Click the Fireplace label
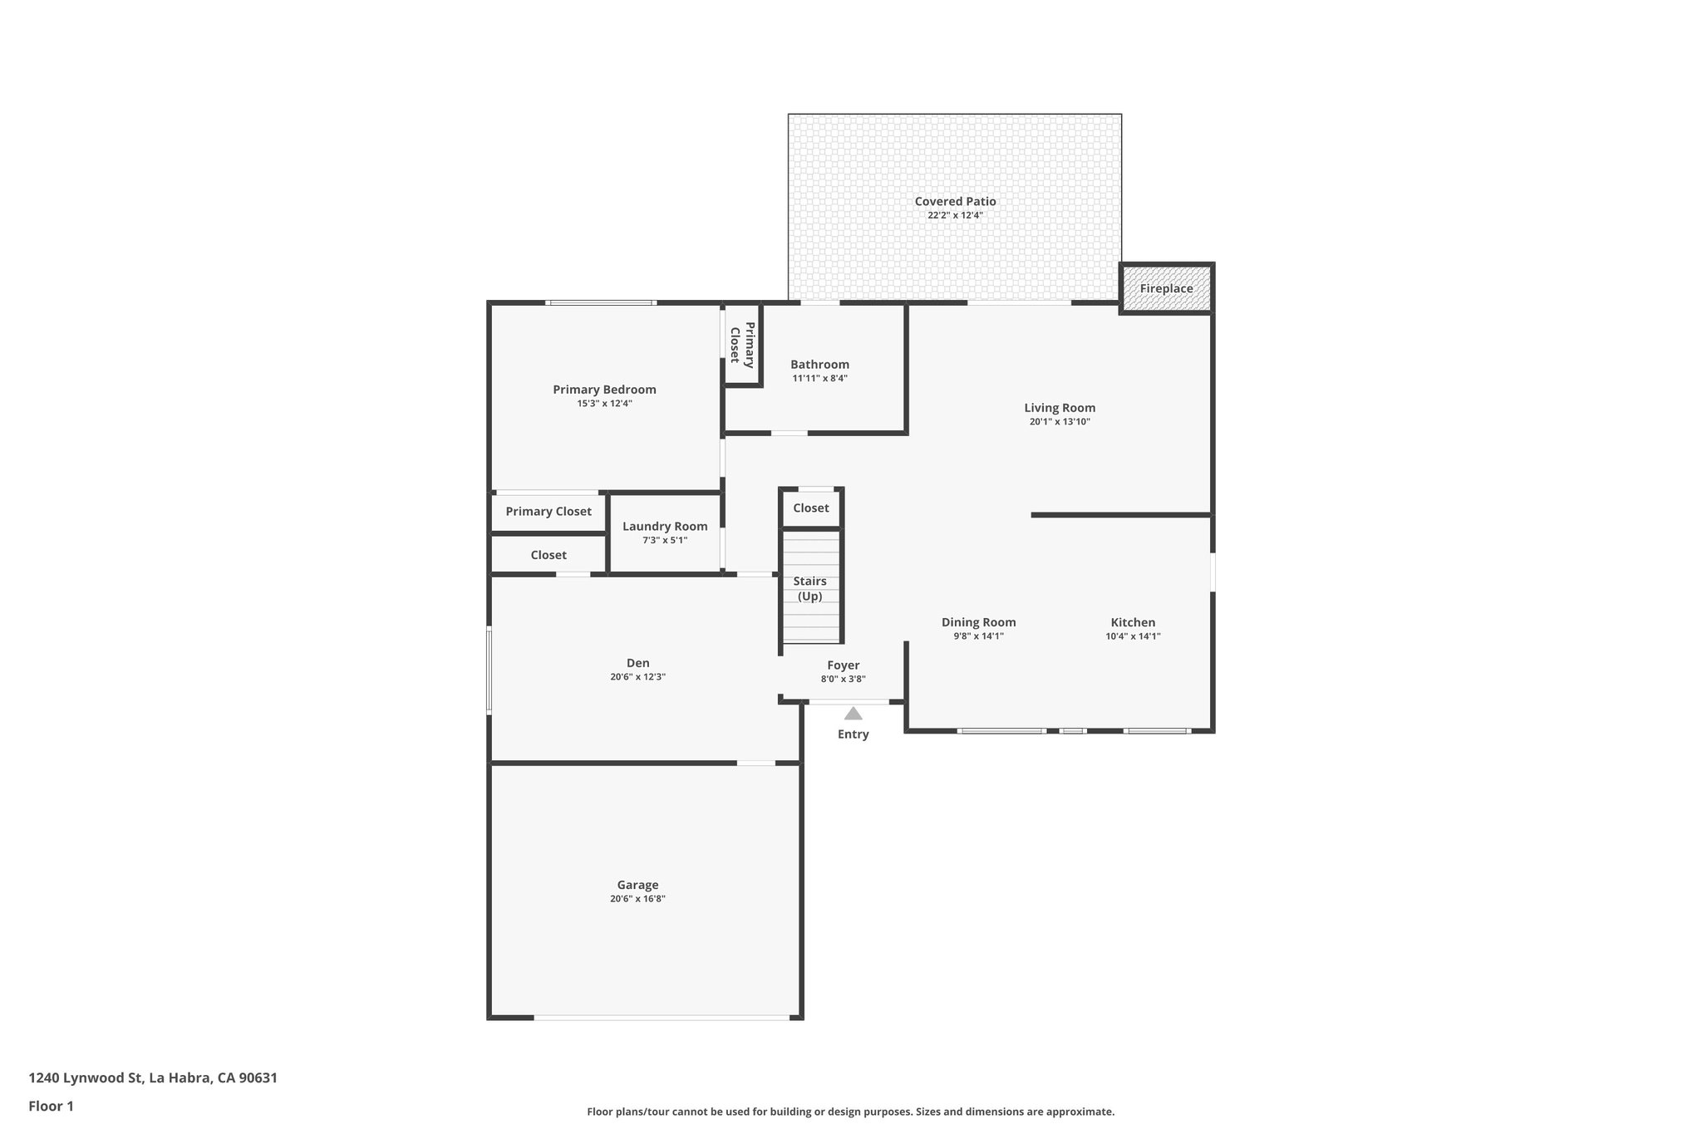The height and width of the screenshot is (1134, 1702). [1166, 289]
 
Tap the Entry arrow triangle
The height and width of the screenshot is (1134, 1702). [853, 714]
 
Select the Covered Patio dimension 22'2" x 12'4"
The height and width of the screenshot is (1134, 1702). [955, 216]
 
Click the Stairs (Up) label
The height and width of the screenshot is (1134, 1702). [809, 588]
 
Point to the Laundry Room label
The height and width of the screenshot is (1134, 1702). [665, 526]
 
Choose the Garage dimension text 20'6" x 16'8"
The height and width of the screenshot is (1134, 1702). [637, 899]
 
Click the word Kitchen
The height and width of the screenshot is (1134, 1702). [1133, 622]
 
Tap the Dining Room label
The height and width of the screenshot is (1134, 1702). [978, 622]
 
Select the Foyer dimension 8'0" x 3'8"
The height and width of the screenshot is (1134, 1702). [843, 680]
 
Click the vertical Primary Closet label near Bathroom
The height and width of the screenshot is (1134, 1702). [742, 343]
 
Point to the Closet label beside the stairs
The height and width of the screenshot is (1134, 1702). [810, 508]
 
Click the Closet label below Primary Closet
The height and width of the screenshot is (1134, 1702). [548, 555]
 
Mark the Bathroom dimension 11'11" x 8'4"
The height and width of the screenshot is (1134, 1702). [819, 379]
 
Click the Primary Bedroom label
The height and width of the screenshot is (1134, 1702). [604, 390]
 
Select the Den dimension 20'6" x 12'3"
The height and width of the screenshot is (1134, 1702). [637, 677]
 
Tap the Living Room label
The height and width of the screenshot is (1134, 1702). [1060, 408]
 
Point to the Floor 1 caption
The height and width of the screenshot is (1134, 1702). [51, 1107]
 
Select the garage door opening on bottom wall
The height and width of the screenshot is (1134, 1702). [662, 1017]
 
